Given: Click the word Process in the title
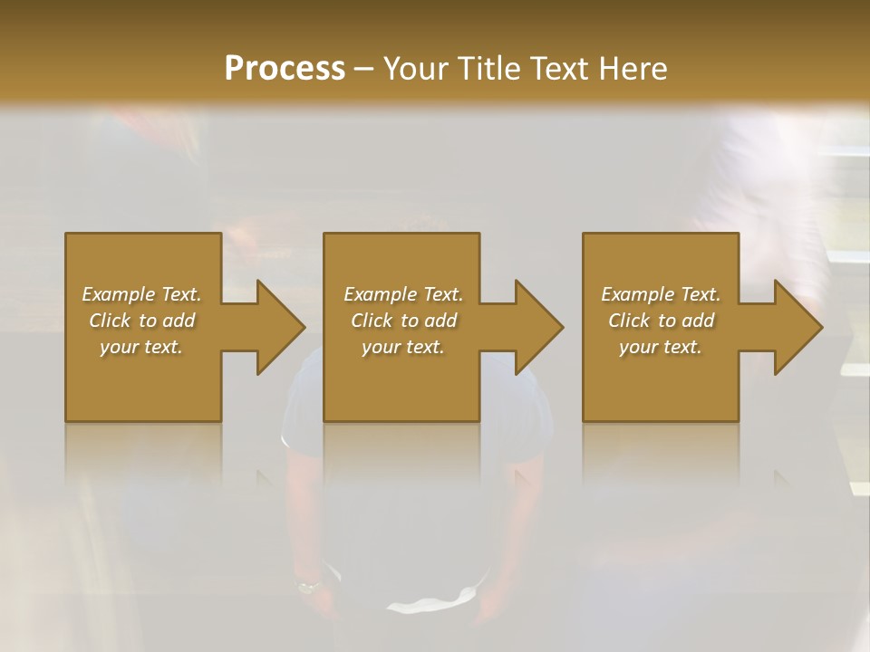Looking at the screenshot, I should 285,69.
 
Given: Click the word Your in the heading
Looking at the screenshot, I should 417,69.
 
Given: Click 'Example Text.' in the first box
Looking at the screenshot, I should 141,294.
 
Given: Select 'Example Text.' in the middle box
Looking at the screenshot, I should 403,294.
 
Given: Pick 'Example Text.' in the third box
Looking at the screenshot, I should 661,294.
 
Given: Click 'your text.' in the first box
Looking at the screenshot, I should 141,347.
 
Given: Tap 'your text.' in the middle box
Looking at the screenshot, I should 403,347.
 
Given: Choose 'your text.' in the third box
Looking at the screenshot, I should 661,347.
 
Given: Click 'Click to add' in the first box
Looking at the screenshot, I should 141,321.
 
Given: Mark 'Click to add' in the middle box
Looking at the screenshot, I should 403,321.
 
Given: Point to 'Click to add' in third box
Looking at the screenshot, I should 661,321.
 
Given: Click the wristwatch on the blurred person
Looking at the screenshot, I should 309,586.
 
